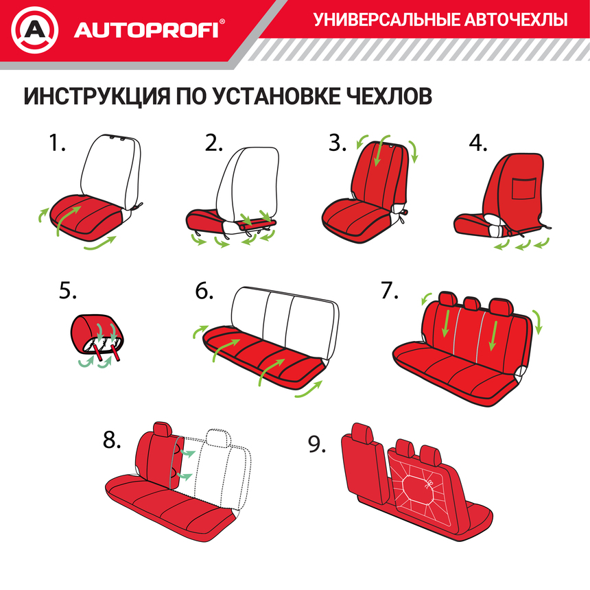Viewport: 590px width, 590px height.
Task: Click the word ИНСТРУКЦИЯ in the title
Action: [93, 96]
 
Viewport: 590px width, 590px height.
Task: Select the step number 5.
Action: [67, 291]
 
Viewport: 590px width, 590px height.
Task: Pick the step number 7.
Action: [389, 291]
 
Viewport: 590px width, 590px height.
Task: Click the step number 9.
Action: [316, 445]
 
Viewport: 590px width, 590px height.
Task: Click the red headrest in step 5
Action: [99, 327]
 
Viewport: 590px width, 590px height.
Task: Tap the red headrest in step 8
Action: [163, 429]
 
